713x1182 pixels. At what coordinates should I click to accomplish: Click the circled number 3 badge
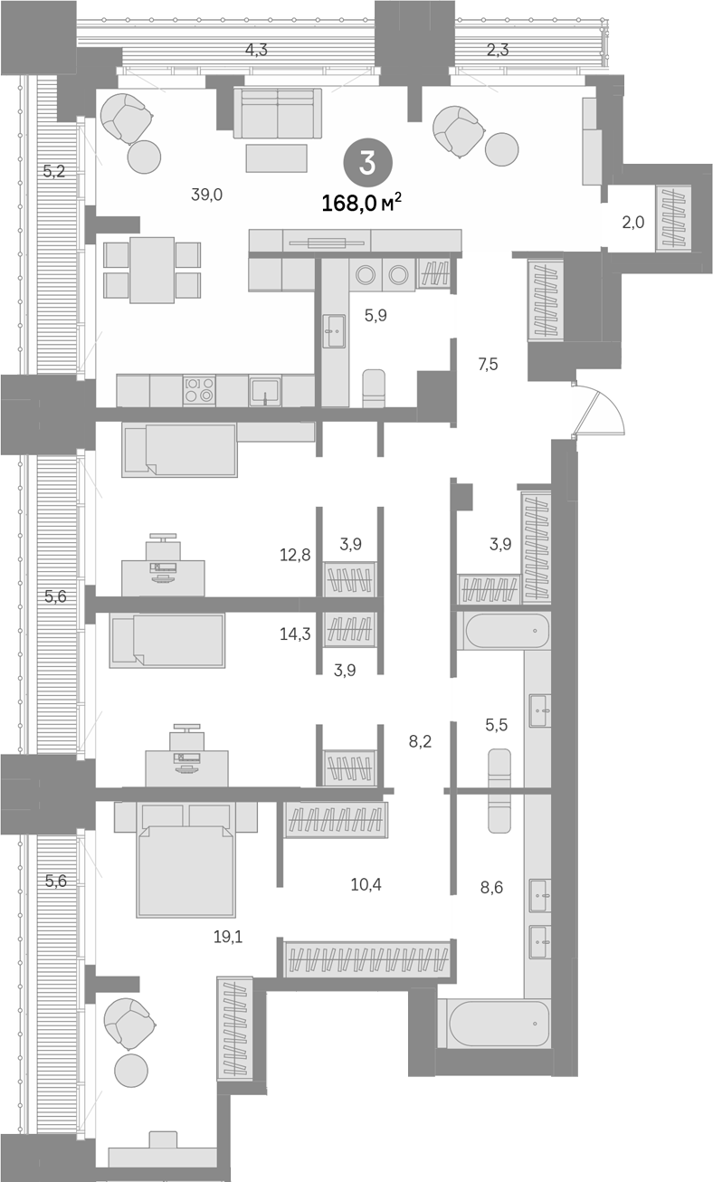(367, 163)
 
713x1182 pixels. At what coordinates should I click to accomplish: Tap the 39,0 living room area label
(206, 195)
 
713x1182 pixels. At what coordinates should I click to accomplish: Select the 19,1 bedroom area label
(228, 937)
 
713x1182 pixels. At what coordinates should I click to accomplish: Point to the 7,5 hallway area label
(489, 364)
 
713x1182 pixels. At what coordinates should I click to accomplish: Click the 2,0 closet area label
(632, 222)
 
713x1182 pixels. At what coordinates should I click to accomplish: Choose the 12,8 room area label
(295, 555)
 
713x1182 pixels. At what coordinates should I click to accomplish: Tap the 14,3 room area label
(295, 634)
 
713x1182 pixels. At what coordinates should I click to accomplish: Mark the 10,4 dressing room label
(366, 884)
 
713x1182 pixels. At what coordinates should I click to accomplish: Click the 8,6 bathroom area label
(491, 887)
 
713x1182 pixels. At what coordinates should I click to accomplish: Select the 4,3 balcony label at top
(256, 50)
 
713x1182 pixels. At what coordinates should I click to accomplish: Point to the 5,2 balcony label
(53, 171)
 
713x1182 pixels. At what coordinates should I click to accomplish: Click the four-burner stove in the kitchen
(199, 390)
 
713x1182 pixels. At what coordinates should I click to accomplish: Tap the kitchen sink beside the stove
(265, 390)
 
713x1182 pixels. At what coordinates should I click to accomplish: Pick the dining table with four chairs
(152, 270)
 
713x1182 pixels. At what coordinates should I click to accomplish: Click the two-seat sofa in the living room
(278, 113)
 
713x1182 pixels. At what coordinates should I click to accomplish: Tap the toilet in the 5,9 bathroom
(374, 388)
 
